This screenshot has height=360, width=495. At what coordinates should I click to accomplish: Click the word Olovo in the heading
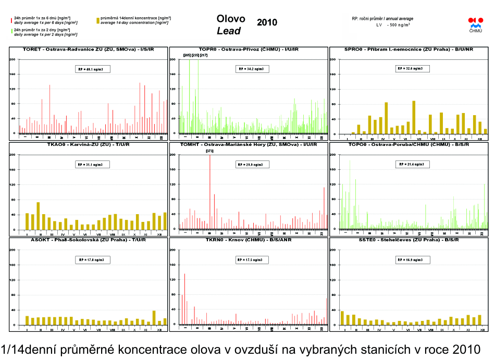(x=231, y=19)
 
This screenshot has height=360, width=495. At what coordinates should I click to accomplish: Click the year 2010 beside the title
(x=267, y=22)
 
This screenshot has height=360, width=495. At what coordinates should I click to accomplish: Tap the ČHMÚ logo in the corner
(x=476, y=24)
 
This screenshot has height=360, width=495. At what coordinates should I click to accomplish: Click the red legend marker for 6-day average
(x=11, y=20)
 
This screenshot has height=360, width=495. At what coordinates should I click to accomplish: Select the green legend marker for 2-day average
(x=11, y=32)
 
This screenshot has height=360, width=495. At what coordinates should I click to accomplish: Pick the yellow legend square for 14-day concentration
(x=98, y=20)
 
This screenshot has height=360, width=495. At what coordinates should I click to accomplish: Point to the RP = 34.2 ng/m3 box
(x=251, y=69)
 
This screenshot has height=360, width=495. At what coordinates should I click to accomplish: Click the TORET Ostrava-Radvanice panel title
(x=88, y=49)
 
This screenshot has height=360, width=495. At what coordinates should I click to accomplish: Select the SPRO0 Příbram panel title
(x=409, y=49)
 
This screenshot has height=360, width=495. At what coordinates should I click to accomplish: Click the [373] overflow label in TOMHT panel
(x=209, y=151)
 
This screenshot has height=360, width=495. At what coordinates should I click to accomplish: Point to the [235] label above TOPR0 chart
(x=195, y=55)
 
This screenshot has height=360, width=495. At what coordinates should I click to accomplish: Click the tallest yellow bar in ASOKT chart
(x=154, y=318)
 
